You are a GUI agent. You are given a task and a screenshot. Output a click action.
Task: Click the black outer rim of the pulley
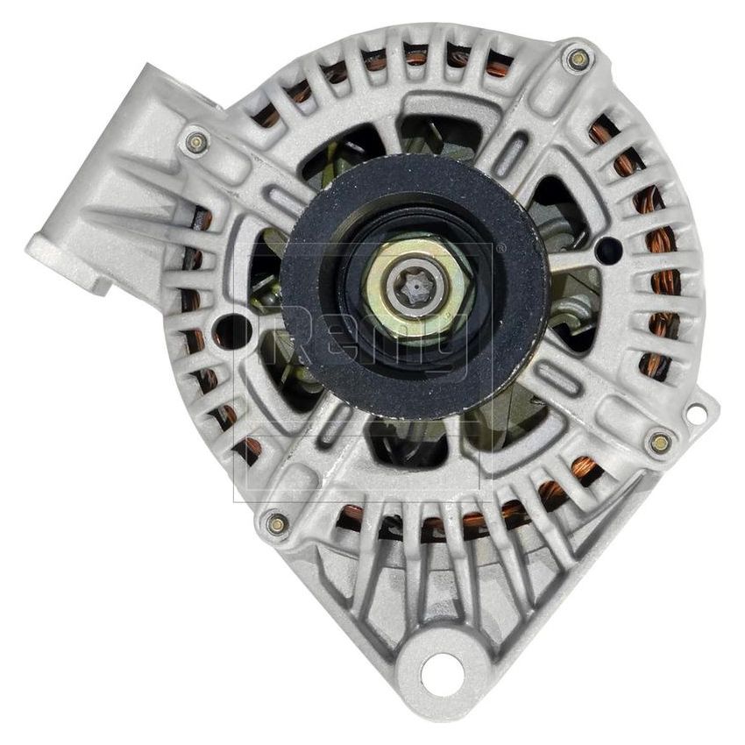click(307, 351)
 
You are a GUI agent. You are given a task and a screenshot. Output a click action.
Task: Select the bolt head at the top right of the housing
click(578, 59)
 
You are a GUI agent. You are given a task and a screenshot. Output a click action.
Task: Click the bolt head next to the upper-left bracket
click(195, 140)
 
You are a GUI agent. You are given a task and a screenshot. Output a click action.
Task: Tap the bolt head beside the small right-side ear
click(660, 442)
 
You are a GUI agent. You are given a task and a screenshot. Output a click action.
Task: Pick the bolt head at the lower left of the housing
click(277, 524)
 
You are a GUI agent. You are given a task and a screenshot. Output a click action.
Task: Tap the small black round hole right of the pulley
click(607, 251)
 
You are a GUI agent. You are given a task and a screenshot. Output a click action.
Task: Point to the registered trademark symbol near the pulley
click(500, 249)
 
